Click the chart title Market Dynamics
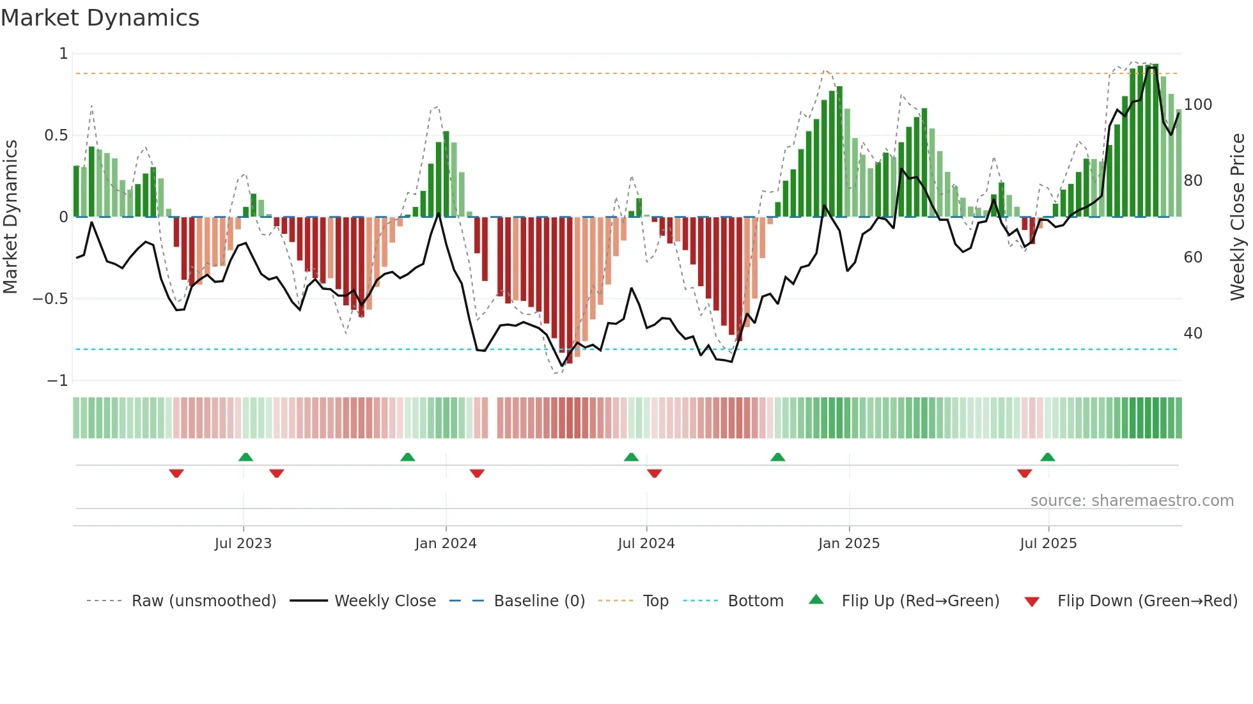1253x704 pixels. click(x=100, y=18)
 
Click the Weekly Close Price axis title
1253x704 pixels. click(x=1238, y=217)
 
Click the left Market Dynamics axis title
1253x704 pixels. click(x=10, y=217)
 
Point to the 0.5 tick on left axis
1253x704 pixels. click(x=56, y=135)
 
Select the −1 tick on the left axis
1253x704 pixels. click(x=57, y=381)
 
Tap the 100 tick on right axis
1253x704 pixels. click(x=1197, y=104)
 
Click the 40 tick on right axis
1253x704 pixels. click(x=1192, y=333)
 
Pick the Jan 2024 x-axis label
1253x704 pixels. click(x=446, y=544)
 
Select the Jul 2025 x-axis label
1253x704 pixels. click(x=1048, y=544)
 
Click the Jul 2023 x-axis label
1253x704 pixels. click(x=243, y=544)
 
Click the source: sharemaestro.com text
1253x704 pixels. click(x=1132, y=501)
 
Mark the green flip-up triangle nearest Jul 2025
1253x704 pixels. click(x=1047, y=457)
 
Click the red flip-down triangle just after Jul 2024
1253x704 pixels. click(x=654, y=473)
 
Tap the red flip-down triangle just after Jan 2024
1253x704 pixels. click(x=477, y=473)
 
